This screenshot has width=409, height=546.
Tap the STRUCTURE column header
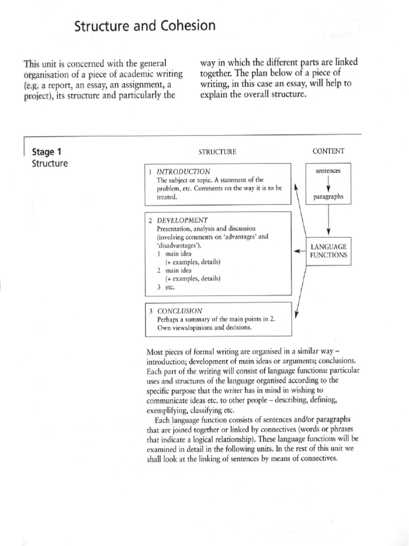[x=217, y=151]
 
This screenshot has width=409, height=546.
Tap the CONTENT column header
[x=329, y=151]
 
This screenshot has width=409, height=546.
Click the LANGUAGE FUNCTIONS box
[x=329, y=251]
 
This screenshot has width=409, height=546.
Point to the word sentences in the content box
[x=329, y=171]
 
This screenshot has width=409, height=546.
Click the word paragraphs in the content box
[x=329, y=197]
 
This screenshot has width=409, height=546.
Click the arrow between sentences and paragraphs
[x=329, y=184]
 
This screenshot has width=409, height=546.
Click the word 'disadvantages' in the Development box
[x=179, y=245]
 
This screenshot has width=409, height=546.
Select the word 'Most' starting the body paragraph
[x=153, y=352]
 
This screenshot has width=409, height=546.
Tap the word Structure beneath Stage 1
[x=50, y=163]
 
